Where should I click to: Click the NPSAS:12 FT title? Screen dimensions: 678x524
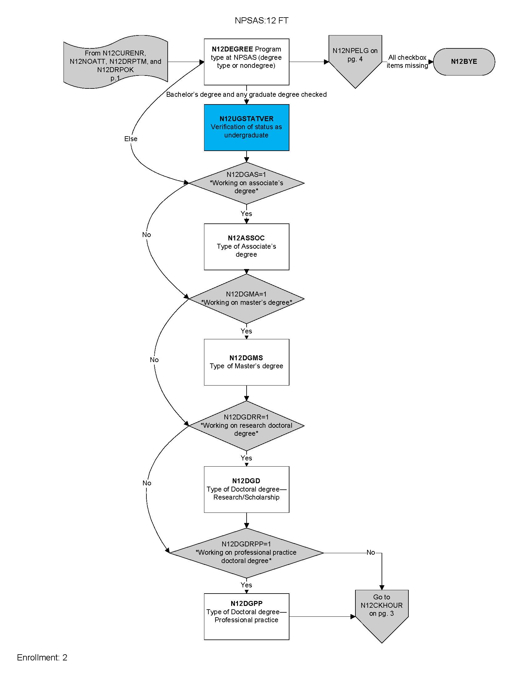click(261, 20)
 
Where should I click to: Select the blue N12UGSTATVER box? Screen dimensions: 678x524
click(247, 127)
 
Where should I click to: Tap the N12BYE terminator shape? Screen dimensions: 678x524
click(464, 61)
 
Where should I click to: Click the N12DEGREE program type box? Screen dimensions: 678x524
click(247, 61)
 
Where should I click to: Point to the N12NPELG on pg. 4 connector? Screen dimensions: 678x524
click(355, 59)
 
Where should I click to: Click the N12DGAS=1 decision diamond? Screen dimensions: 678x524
click(247, 183)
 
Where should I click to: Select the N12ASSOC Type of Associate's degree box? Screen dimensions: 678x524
click(247, 247)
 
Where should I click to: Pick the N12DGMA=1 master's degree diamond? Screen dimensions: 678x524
click(247, 299)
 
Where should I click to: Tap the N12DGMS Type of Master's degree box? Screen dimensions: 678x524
click(247, 362)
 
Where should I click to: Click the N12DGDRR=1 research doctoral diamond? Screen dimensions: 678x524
click(247, 425)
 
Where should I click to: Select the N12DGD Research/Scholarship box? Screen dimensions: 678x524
click(247, 489)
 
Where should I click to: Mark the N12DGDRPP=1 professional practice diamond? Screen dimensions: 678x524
click(247, 553)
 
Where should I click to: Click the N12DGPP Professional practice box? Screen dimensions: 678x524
click(247, 616)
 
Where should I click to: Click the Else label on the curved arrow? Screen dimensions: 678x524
click(131, 139)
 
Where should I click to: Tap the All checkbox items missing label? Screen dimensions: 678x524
click(407, 61)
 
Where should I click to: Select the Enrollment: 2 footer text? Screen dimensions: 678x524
click(42, 658)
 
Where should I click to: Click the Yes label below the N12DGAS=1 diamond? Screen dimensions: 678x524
click(246, 214)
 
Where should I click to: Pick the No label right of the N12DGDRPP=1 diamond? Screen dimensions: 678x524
click(370, 552)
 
